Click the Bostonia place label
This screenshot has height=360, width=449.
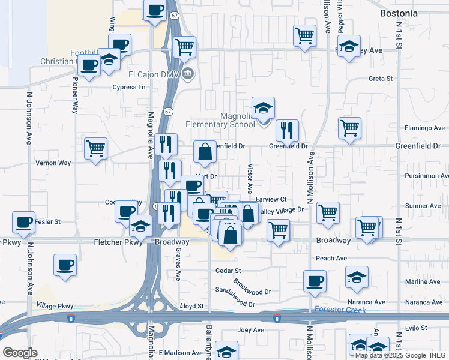point(399,13)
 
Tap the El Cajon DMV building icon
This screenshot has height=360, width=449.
point(188,74)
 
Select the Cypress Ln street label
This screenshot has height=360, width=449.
point(129,87)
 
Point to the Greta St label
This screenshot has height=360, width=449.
point(380,79)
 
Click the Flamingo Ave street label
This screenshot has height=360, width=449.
point(424,128)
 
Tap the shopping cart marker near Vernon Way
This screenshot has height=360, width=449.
point(96,148)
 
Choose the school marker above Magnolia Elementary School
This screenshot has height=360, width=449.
point(263,109)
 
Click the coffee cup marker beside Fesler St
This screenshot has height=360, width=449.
point(25,223)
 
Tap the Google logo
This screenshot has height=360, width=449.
point(20,353)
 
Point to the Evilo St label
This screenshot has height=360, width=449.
point(415,328)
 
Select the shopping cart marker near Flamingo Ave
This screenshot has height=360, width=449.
point(349,128)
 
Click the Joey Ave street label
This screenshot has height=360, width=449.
point(251,330)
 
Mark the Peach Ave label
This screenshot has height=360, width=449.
point(331,259)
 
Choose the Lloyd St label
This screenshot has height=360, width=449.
point(192,306)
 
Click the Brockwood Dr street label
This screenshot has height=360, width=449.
point(252,282)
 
